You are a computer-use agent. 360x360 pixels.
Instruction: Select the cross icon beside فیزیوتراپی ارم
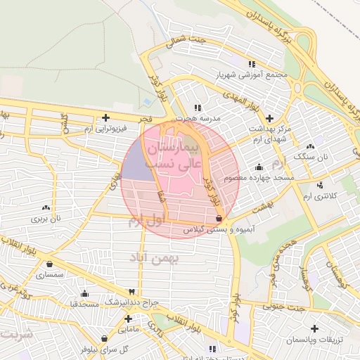point(105,117)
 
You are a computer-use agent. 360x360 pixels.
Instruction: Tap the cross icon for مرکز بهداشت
point(270,117)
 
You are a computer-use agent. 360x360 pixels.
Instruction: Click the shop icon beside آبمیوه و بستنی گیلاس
point(221,219)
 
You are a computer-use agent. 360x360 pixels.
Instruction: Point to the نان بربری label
point(46,219)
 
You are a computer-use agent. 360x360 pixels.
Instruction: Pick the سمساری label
point(50,276)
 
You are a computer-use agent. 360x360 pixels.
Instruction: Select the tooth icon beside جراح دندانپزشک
point(131,292)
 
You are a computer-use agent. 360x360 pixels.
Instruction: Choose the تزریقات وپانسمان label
point(312,340)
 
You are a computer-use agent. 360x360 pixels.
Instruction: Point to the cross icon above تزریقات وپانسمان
point(314,329)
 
